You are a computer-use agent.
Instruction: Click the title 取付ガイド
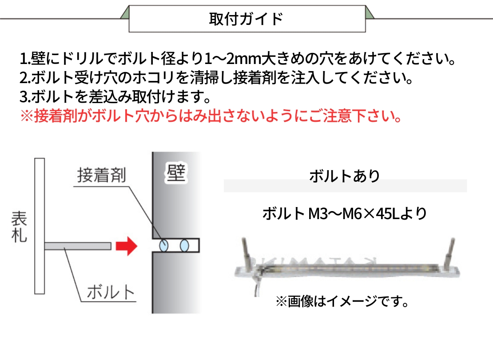coord(246,19)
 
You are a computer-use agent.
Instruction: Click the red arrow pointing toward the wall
coord(127,246)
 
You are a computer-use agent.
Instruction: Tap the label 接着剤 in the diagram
coord(102,175)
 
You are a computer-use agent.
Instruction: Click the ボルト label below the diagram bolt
coord(111,292)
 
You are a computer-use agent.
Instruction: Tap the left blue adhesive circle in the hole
coord(164,246)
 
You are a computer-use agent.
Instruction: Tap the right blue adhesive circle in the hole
coord(185,246)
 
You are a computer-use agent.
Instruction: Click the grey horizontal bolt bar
coord(78,246)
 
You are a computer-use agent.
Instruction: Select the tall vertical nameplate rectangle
coord(40,226)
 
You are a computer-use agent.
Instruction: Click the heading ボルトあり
coord(345,176)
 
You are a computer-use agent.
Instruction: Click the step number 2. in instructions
coord(25,78)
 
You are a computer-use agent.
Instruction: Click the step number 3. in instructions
coord(25,97)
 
